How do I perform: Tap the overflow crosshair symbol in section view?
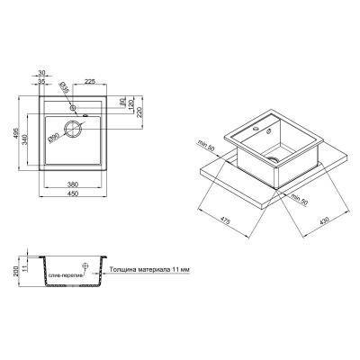pos(85,265)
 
